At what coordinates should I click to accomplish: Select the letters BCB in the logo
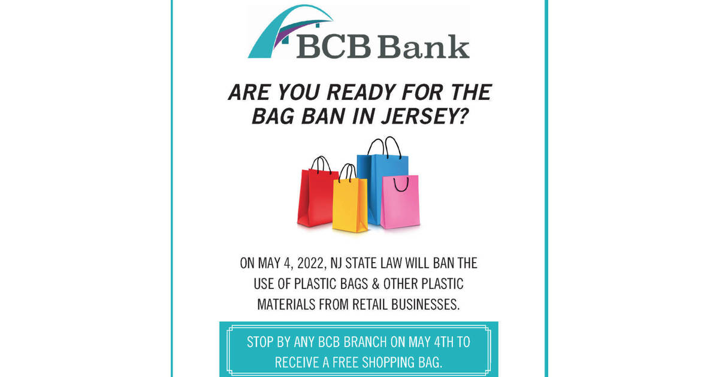[333, 47]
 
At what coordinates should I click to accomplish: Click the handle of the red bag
[321, 165]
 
